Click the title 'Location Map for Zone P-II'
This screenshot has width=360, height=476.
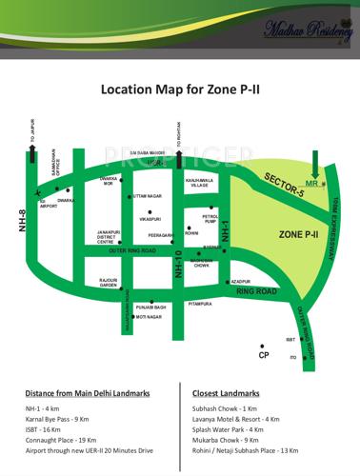(179, 90)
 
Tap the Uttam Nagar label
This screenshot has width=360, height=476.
(148, 195)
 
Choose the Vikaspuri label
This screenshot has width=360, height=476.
(150, 219)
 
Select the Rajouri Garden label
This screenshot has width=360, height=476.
(108, 283)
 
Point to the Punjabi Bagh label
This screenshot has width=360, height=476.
(150, 307)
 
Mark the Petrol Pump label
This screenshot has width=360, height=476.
(210, 219)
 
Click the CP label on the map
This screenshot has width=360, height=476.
(264, 355)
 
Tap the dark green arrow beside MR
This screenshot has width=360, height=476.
(328, 173)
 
